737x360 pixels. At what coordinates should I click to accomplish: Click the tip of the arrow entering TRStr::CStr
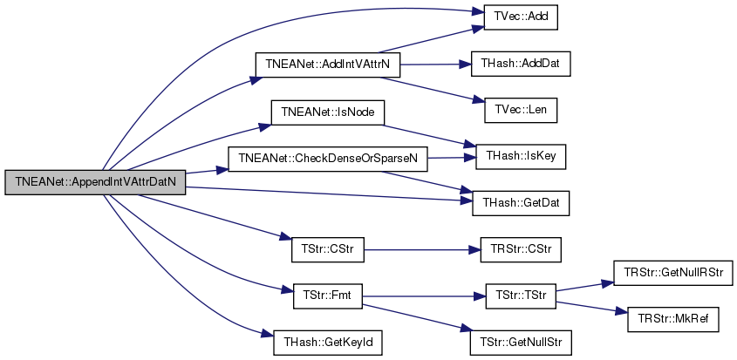[x=481, y=249]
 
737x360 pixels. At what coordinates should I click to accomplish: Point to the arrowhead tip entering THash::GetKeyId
[x=274, y=336]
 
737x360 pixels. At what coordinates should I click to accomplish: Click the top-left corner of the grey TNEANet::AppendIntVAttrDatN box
[x=5, y=170]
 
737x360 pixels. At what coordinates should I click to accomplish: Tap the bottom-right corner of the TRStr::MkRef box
[x=719, y=332]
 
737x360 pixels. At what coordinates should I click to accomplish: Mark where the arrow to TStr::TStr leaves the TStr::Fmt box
[x=362, y=296]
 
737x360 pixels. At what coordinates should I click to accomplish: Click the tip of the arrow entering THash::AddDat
[x=472, y=64]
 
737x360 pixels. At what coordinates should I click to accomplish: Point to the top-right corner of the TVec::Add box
[x=557, y=5]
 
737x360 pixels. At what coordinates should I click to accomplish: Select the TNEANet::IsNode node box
[x=328, y=112]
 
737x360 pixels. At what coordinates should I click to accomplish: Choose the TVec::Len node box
[x=521, y=111]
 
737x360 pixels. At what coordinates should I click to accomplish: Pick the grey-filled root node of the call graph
[x=95, y=182]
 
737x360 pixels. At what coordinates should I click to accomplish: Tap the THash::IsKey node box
[x=521, y=157]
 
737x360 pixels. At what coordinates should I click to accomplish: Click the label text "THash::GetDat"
[x=521, y=203]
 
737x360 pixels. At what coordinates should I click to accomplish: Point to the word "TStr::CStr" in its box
[x=328, y=249]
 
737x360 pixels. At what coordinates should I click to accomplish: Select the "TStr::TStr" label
[x=521, y=296]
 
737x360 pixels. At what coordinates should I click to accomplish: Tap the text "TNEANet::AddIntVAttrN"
[x=328, y=65]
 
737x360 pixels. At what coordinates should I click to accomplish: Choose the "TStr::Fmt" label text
[x=328, y=296]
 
